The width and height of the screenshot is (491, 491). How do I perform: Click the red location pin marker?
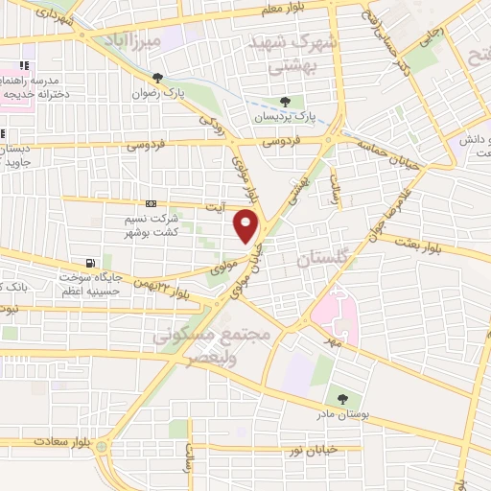point(247,226)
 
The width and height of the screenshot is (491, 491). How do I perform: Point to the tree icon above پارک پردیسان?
point(284,101)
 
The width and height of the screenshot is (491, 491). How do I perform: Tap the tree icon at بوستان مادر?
point(341,399)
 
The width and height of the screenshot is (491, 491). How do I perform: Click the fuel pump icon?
point(91,262)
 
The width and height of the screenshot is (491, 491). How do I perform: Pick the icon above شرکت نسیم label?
point(151,204)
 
